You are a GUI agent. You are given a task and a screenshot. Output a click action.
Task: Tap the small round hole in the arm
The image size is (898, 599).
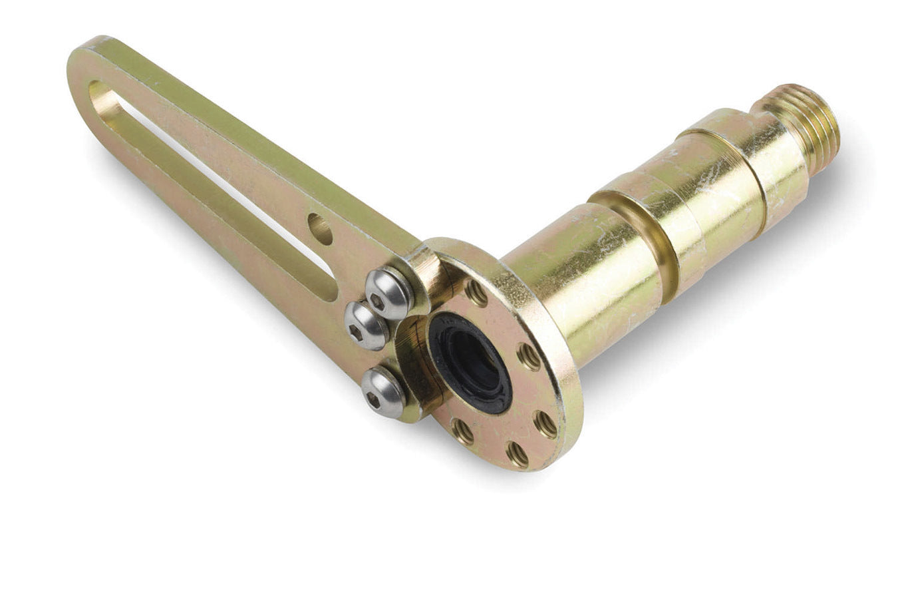tap(321, 228)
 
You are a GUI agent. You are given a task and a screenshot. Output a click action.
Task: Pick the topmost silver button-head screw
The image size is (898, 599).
tap(388, 293)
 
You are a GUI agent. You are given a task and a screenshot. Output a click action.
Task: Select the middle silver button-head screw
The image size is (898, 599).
tap(365, 325)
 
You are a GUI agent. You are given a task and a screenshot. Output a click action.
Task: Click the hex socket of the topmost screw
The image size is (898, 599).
tap(378, 301)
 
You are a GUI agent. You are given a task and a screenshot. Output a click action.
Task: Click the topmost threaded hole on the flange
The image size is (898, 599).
tap(476, 292)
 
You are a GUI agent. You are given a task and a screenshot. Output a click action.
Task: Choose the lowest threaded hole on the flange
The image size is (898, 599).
tap(517, 455)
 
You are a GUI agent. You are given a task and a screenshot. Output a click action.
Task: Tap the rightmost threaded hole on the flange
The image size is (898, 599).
tap(546, 423)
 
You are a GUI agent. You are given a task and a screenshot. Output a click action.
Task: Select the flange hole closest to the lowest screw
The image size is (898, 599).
tap(463, 431)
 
